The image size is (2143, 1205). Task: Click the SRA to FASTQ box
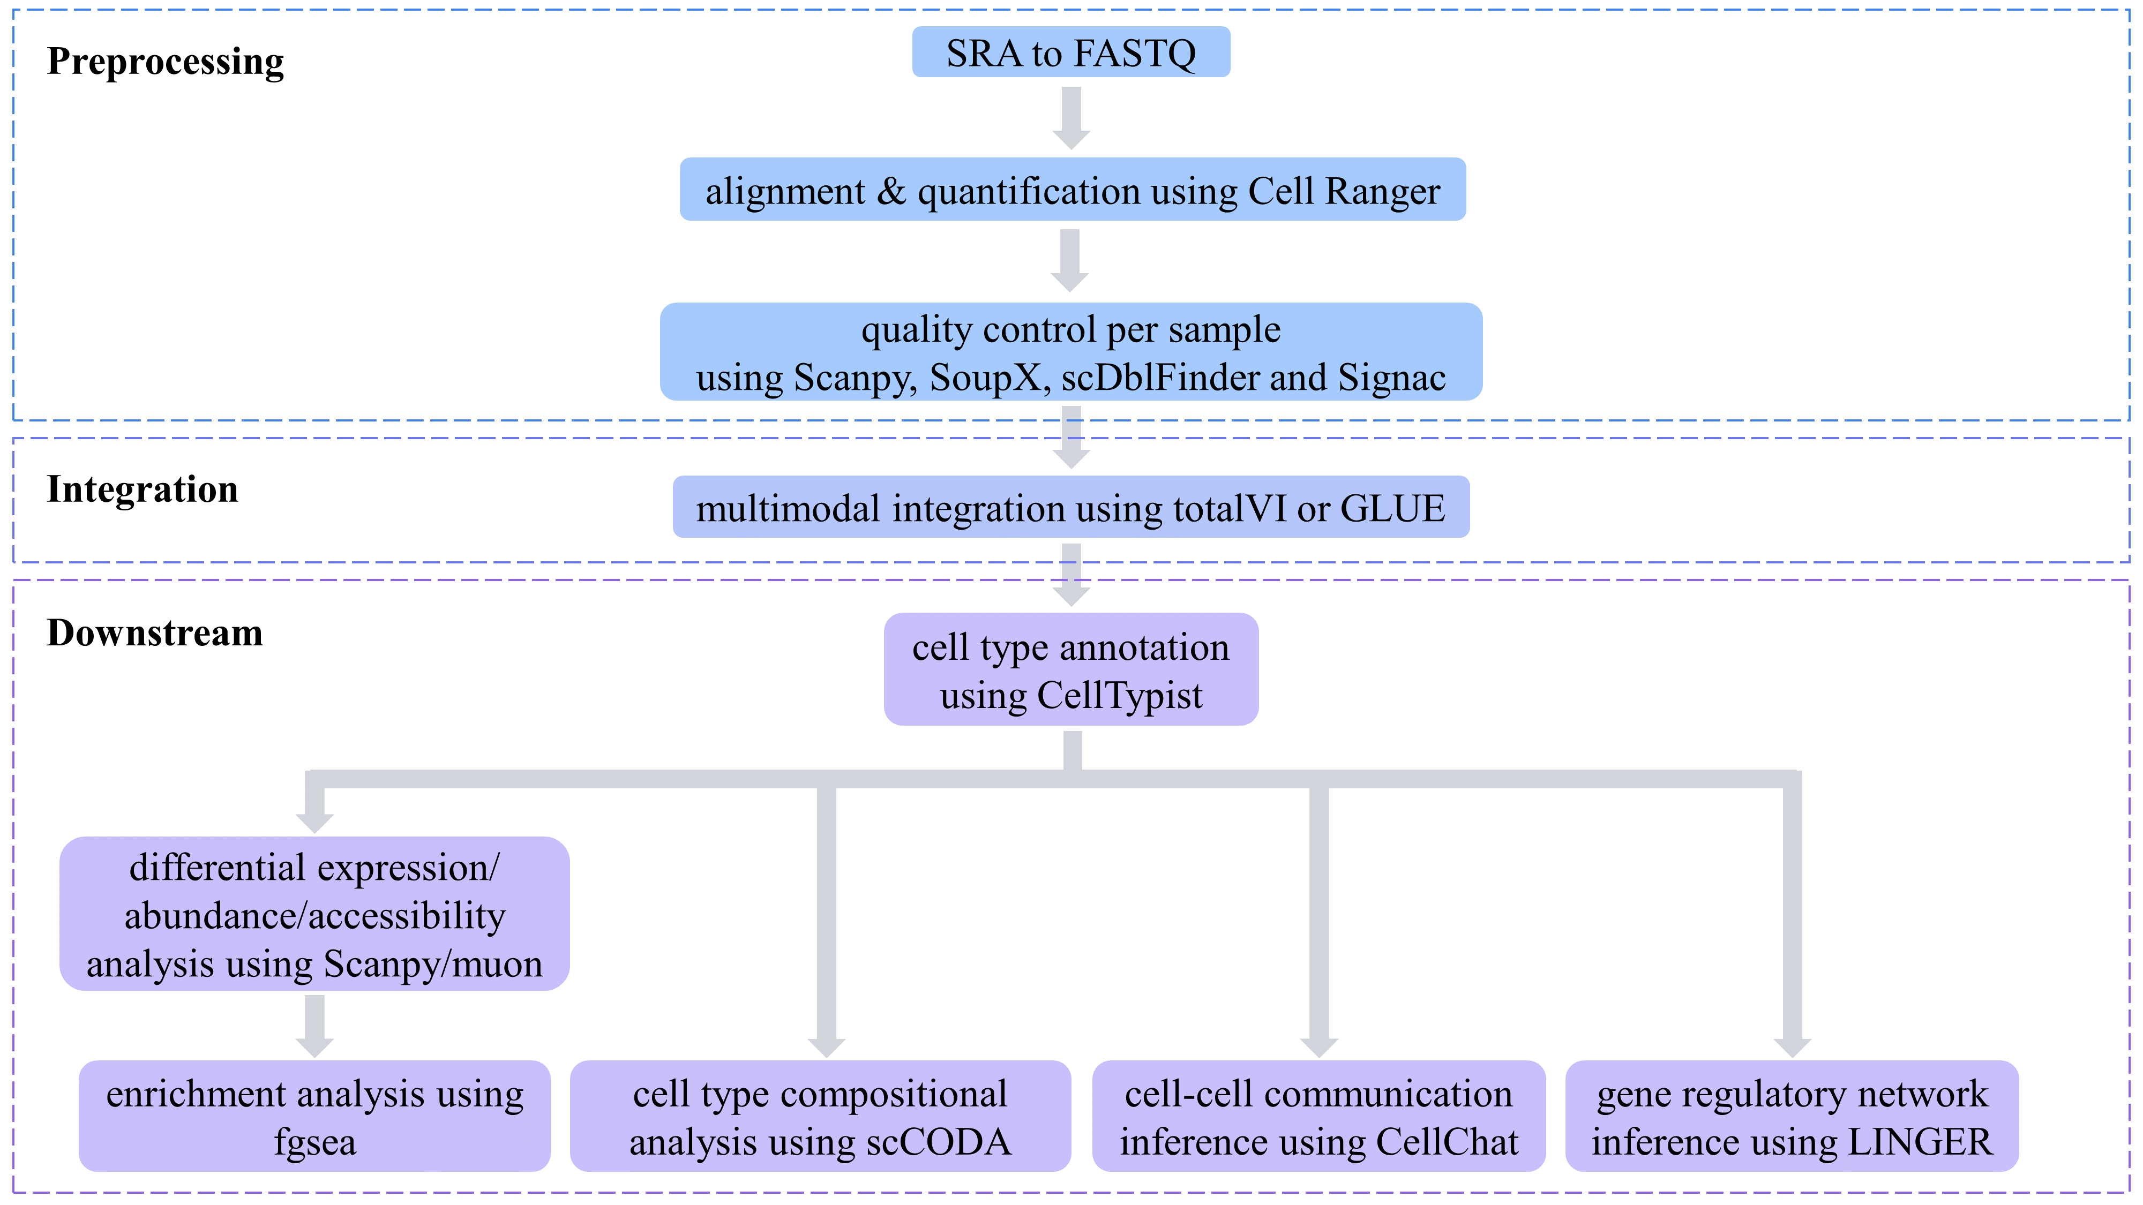(1070, 52)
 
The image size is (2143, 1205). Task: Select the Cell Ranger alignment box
(1073, 190)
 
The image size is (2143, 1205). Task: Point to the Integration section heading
(143, 489)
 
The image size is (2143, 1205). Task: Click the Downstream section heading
(155, 633)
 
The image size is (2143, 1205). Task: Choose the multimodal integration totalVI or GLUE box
(1070, 507)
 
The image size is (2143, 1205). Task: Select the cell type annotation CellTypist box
(1070, 669)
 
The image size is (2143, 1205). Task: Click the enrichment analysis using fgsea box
(314, 1116)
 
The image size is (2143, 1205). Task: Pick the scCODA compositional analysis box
(820, 1116)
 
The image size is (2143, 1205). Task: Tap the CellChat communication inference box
(1318, 1116)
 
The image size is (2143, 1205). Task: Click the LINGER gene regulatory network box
(1792, 1116)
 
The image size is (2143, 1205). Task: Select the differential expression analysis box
(314, 914)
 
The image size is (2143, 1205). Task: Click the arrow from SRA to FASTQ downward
(1071, 116)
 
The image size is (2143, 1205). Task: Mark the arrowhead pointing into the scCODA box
(826, 1046)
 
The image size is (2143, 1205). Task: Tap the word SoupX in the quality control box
(985, 378)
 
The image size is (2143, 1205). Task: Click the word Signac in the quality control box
(1392, 378)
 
